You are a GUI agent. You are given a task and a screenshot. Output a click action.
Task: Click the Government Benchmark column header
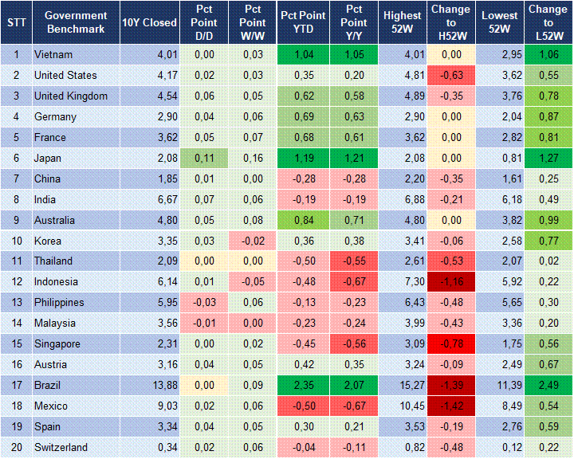click(77, 22)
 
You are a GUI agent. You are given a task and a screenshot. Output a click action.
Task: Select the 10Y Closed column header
click(149, 22)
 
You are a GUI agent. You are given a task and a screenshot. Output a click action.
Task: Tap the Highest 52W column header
click(402, 22)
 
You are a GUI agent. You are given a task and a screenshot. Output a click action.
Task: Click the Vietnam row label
click(53, 55)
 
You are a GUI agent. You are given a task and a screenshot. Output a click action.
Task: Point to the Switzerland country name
click(61, 447)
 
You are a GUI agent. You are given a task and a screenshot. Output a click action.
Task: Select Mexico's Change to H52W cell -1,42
click(450, 406)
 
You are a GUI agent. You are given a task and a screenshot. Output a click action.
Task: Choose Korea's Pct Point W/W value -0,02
click(252, 241)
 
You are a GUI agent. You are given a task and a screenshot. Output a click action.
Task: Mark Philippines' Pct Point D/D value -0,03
click(203, 303)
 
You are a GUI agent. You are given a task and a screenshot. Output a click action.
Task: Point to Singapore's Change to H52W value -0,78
click(450, 344)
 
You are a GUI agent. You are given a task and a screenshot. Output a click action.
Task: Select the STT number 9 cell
click(16, 220)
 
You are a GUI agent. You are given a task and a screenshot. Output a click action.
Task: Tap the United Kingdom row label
click(71, 96)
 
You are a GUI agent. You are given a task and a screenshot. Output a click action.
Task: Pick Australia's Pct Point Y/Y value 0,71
click(351, 220)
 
